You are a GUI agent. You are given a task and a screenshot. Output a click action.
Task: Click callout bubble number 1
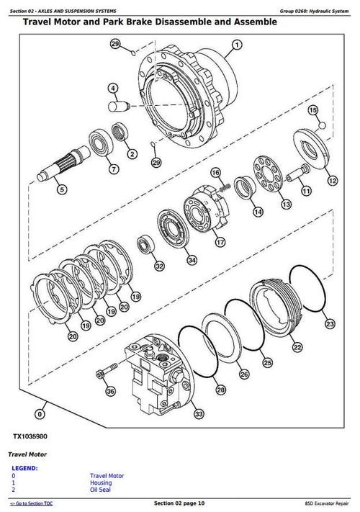click(x=235, y=44)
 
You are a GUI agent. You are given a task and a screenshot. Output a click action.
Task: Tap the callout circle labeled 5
click(x=61, y=189)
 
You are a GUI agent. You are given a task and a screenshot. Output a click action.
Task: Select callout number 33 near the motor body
click(x=198, y=413)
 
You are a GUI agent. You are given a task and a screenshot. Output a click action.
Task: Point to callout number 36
click(x=110, y=391)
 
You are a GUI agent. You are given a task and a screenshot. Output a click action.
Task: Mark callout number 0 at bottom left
click(x=39, y=414)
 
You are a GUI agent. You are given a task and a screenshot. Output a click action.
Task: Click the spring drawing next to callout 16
click(x=224, y=187)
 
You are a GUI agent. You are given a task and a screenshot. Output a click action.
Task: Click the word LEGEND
click(x=25, y=467)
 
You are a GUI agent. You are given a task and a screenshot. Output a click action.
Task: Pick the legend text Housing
click(x=102, y=483)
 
